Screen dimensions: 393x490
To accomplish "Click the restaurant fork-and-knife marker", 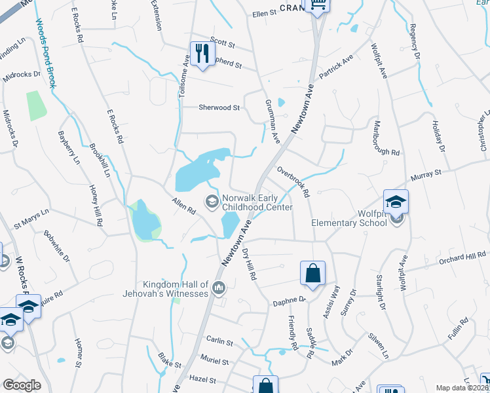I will tap(202, 54).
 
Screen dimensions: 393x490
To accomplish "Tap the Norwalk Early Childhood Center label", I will tap(257, 202).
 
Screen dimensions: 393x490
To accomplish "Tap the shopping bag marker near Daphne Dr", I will tap(312, 273).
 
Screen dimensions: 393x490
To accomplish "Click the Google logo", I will tap(22, 385).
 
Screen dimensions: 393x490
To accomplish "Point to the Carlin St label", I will tap(219, 342).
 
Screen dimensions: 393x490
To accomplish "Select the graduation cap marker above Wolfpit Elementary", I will tap(396, 201).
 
